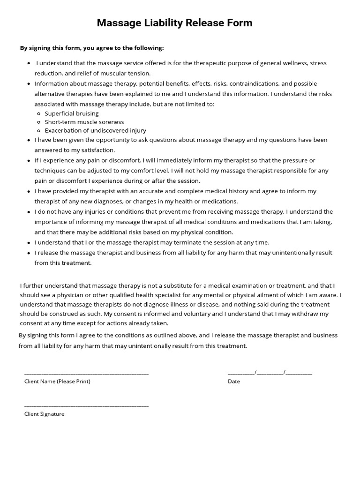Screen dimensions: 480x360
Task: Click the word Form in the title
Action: pos(239,22)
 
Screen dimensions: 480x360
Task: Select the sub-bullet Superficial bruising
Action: pos(72,113)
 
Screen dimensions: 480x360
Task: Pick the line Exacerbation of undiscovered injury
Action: pos(95,130)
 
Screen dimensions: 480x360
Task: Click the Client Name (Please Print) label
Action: pos(57,381)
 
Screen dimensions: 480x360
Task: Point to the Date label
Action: pos(233,381)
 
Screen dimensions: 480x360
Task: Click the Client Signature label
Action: pos(45,414)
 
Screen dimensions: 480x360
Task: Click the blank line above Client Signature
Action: pos(86,405)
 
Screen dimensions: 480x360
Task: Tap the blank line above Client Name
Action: pos(86,373)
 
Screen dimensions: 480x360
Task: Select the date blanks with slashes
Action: pos(270,373)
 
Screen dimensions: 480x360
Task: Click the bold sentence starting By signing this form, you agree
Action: pos(92,48)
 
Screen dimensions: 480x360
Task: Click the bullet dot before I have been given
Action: pos(29,140)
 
